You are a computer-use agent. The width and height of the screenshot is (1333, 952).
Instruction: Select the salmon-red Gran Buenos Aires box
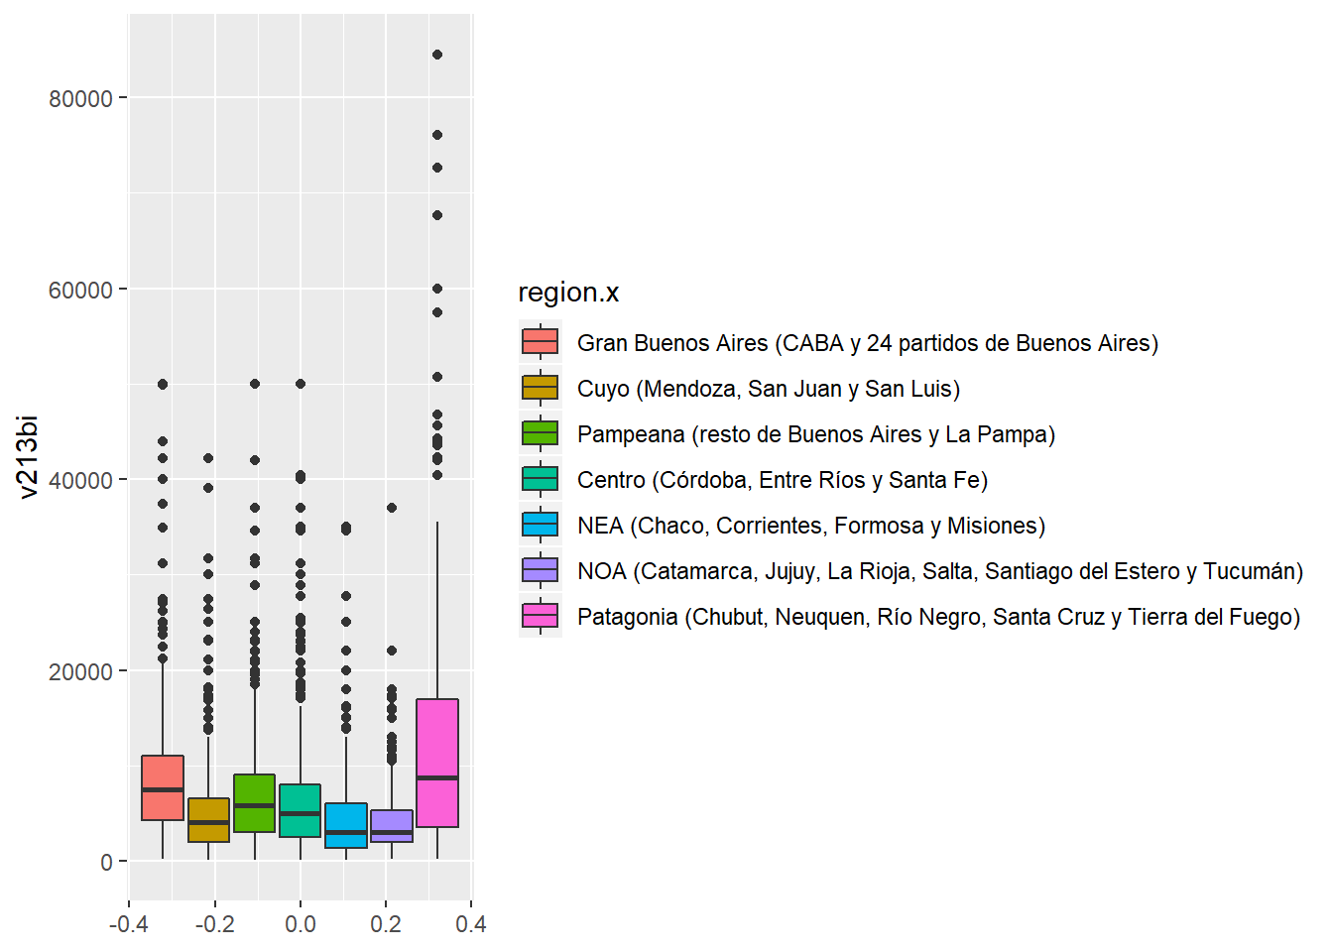point(163,787)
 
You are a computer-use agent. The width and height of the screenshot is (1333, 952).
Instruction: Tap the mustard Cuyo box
point(208,820)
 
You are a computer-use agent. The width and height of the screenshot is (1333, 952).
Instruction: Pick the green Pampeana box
point(255,802)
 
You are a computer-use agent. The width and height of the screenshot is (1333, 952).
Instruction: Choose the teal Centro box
point(301,810)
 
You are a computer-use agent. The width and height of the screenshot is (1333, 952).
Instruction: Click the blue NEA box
point(346,825)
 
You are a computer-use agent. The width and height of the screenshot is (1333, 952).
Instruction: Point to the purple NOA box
point(392,825)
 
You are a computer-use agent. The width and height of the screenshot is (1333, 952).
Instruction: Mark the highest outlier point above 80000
point(437,55)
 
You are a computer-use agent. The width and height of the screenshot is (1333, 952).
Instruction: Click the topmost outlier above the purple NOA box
point(392,508)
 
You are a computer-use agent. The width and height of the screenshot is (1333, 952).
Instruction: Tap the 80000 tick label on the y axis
point(80,98)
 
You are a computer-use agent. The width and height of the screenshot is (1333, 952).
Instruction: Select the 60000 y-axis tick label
point(80,290)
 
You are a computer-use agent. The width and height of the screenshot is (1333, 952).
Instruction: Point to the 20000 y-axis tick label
point(80,671)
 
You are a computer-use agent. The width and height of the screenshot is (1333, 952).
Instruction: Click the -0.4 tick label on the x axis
point(128,924)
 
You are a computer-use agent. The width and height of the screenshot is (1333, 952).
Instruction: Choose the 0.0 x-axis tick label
point(301,924)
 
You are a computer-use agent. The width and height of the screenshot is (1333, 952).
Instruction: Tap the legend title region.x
point(568,293)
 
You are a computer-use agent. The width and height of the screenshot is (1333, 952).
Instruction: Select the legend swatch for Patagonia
point(541,617)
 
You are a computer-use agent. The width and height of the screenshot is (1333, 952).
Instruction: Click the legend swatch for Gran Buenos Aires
point(541,343)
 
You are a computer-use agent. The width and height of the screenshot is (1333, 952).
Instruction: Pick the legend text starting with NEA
point(810,526)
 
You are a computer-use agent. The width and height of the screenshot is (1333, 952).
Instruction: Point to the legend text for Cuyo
point(768,389)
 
